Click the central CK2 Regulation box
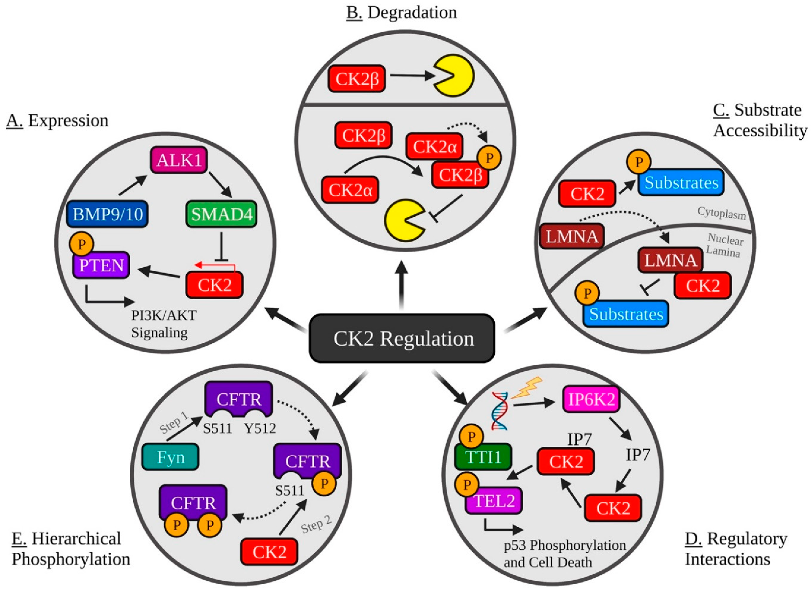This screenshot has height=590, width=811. tap(402, 338)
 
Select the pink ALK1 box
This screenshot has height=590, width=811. tap(179, 160)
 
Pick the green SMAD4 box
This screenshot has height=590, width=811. tap(221, 214)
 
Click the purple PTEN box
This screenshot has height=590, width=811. tap(101, 265)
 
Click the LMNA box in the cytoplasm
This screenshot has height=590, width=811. tap(571, 236)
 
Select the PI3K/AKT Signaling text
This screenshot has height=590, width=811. tap(163, 324)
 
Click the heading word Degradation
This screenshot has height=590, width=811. tap(412, 13)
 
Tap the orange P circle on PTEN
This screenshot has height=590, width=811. tap(82, 244)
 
